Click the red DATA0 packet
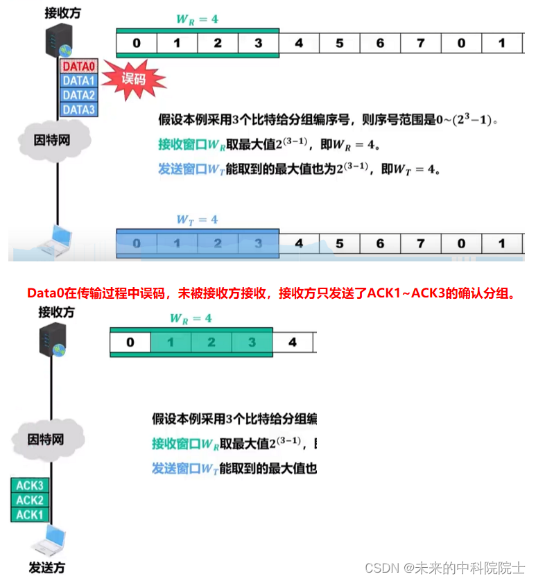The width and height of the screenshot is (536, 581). click(78, 67)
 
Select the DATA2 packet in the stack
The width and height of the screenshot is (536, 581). click(78, 95)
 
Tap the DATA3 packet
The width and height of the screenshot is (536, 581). click(78, 109)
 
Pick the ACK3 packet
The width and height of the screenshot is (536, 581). click(30, 485)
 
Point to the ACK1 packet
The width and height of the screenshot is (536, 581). click(30, 514)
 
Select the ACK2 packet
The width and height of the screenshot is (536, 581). click(30, 500)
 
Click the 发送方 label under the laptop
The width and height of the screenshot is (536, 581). click(46, 567)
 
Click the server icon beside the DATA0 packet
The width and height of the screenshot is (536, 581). click(59, 42)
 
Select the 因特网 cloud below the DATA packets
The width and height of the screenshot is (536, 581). click(53, 139)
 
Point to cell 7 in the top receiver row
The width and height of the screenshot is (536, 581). click(421, 44)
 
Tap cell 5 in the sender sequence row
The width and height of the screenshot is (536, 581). click(340, 244)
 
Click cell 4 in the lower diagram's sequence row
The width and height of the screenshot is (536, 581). click(293, 342)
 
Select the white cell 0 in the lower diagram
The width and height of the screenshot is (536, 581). click(130, 342)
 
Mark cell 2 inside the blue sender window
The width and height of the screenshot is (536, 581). click(218, 244)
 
